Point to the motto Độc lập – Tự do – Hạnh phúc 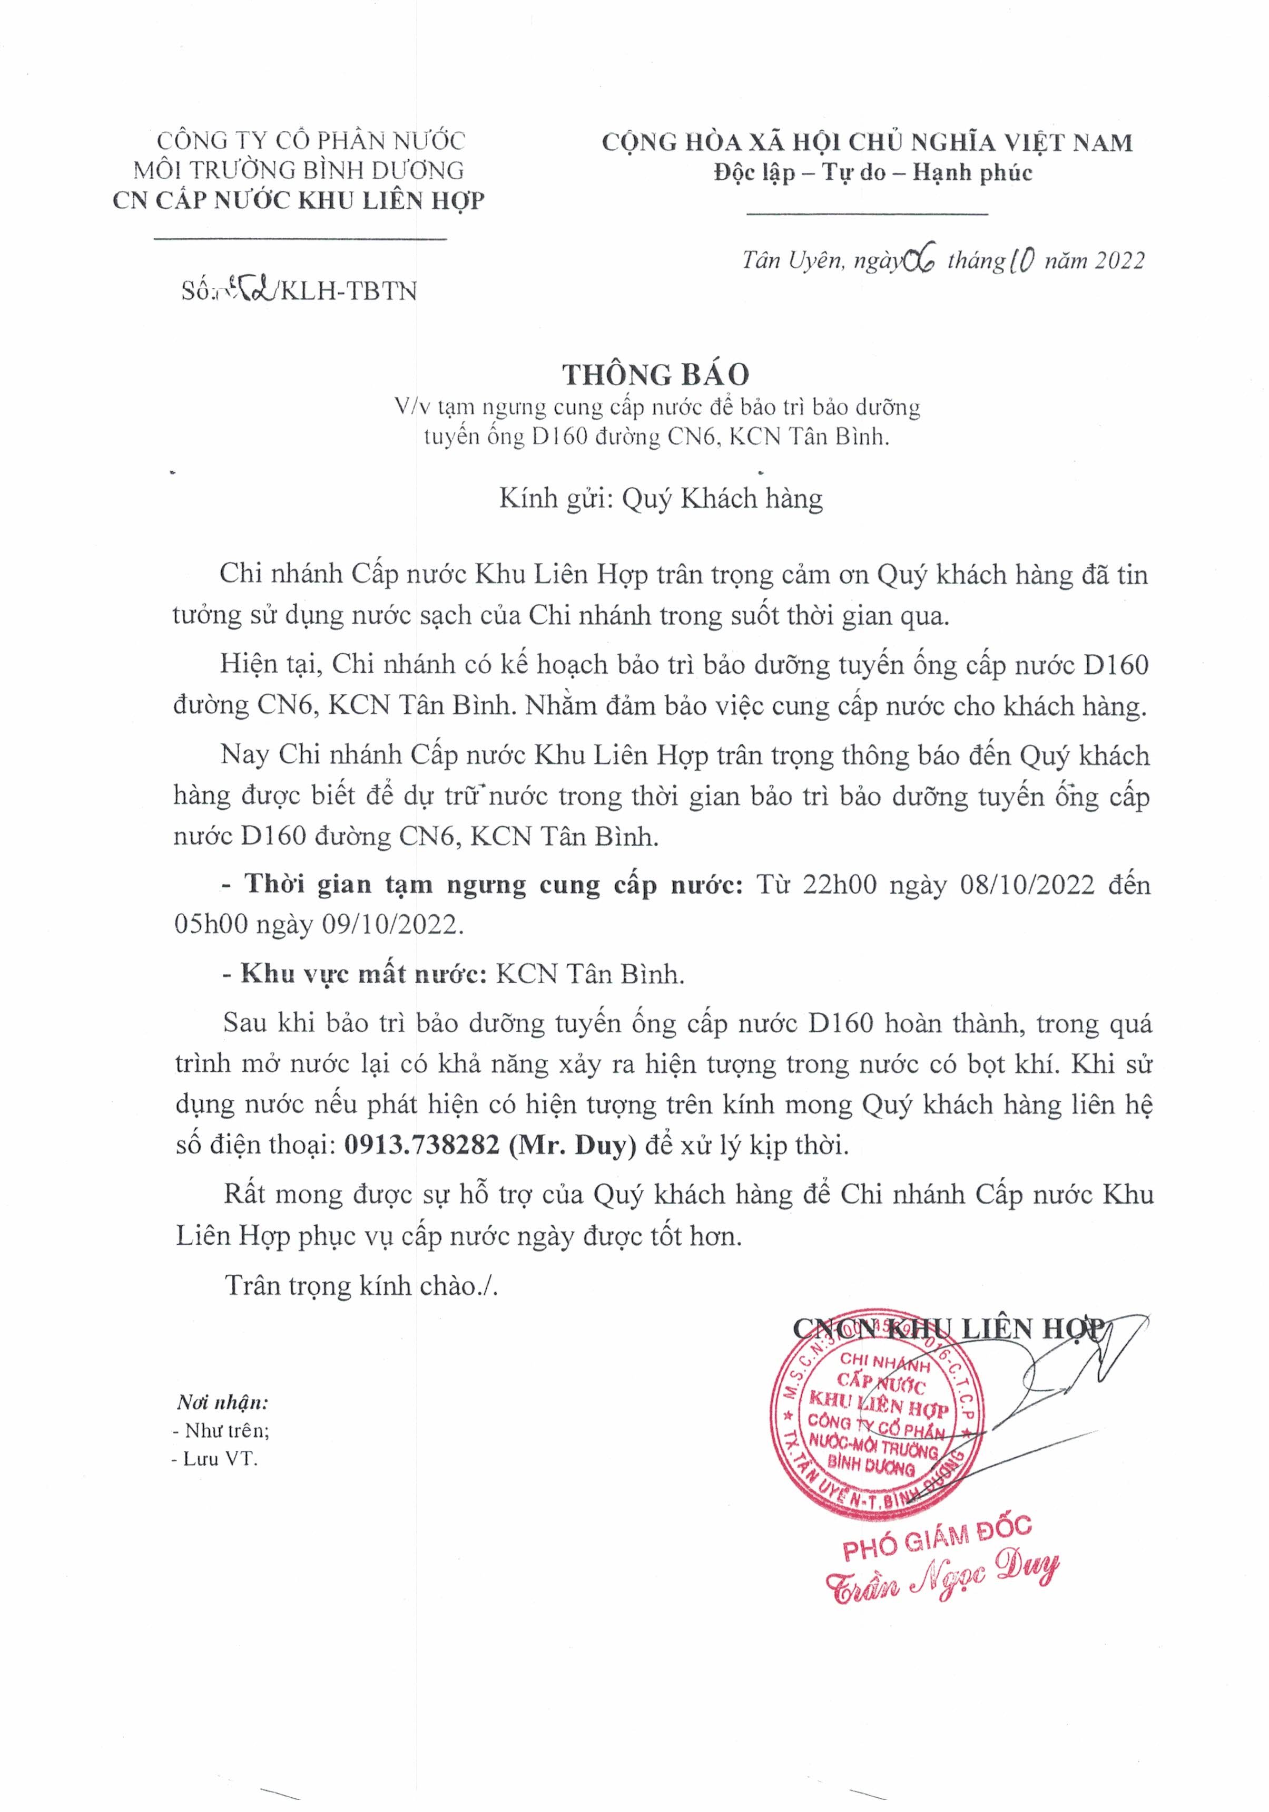872,173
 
